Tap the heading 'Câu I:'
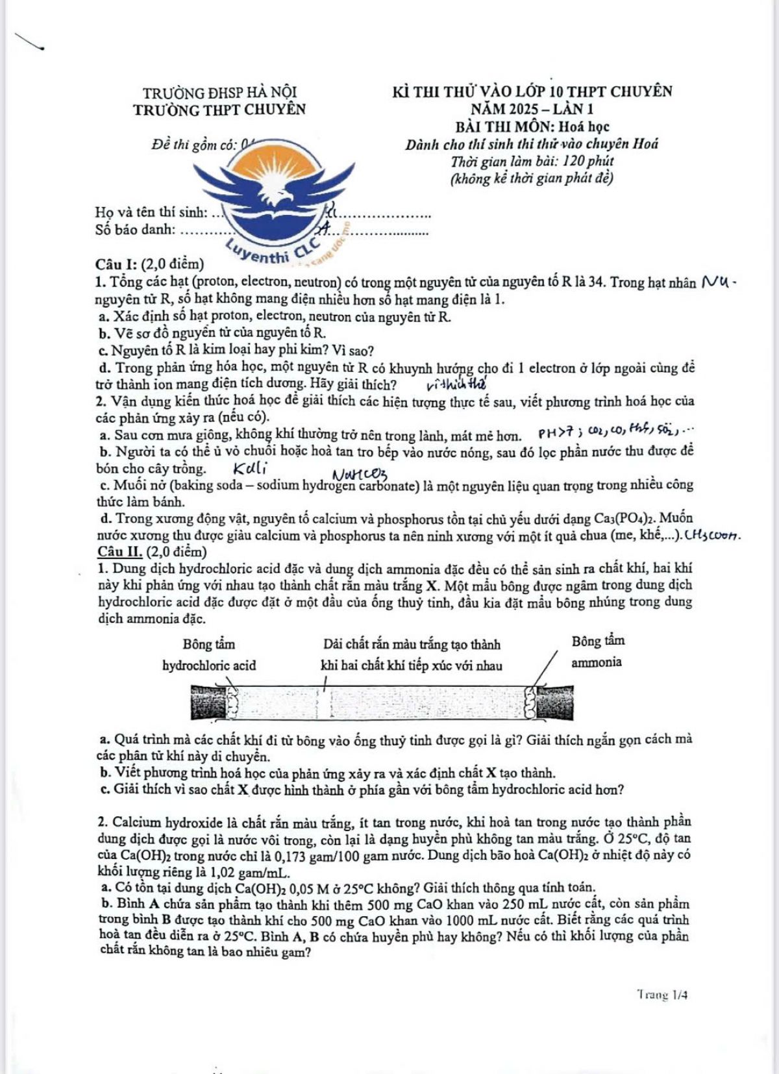coord(116,264)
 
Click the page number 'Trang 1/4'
coord(662,994)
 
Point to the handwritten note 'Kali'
coord(250,468)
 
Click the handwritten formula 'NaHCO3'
coord(360,477)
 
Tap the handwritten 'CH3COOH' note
coord(712,536)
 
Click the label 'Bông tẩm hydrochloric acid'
coord(209,655)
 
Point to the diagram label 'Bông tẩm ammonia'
coord(597,651)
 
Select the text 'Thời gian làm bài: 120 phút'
coord(532,161)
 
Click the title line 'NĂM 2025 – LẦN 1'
coord(532,109)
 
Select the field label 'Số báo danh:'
coord(135,229)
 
